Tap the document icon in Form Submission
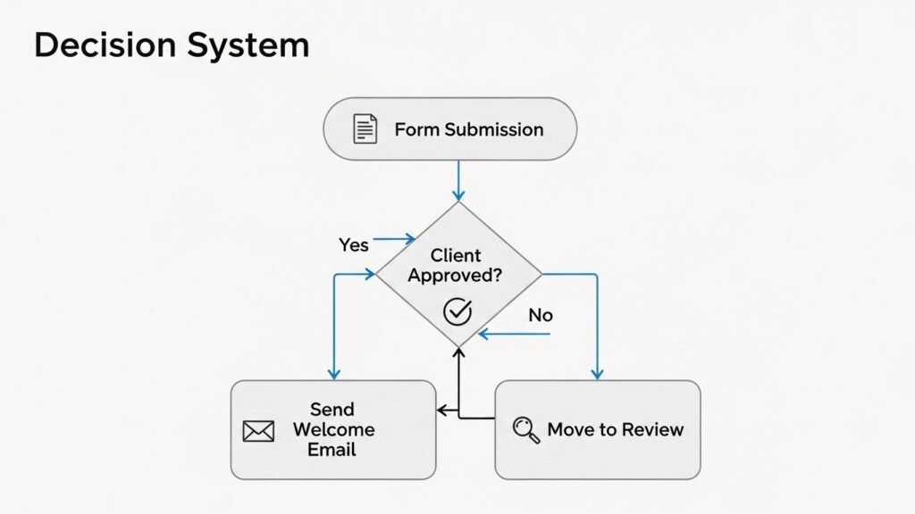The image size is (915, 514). [364, 129]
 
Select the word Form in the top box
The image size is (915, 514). [417, 129]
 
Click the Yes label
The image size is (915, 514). [354, 245]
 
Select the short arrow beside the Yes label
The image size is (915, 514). [394, 239]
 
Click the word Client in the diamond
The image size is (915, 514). [456, 256]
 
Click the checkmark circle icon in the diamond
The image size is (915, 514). [457, 311]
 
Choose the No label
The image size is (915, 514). [541, 315]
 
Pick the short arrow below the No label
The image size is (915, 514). [514, 336]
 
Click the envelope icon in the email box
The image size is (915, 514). [258, 431]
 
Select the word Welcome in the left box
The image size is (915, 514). [332, 429]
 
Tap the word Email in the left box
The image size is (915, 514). [332, 449]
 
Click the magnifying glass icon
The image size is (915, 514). [525, 429]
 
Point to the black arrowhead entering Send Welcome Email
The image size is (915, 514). [441, 410]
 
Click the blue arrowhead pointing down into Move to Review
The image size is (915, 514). [597, 374]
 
